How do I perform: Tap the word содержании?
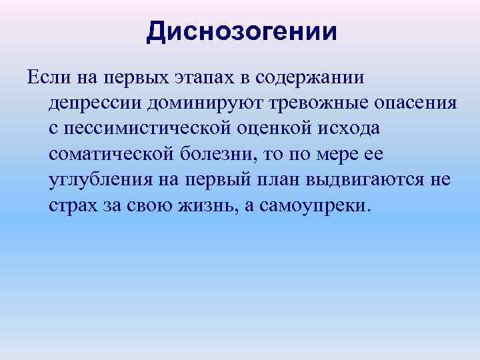[x=311, y=78]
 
